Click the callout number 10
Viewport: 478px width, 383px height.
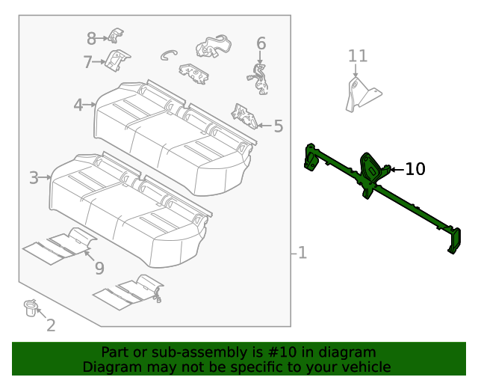[x=415, y=170]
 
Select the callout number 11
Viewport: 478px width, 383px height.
[x=358, y=56]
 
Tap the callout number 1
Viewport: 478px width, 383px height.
[x=301, y=253]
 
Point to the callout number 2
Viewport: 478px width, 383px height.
[x=51, y=325]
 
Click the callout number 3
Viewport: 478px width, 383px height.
[x=34, y=178]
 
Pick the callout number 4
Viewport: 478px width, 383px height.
[x=78, y=105]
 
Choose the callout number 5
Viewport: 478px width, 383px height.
[x=279, y=126]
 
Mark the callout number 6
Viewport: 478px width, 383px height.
[x=261, y=43]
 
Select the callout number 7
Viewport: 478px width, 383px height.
[x=87, y=61]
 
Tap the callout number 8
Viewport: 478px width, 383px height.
[x=91, y=38]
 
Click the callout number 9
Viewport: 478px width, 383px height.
[x=99, y=268]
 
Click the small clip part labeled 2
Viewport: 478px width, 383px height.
[x=31, y=307]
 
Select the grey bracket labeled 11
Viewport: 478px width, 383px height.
[x=360, y=95]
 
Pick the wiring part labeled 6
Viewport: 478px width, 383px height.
[x=258, y=79]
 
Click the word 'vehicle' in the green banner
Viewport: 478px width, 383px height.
[x=364, y=367]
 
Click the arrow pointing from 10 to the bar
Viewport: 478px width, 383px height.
[x=395, y=170]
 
